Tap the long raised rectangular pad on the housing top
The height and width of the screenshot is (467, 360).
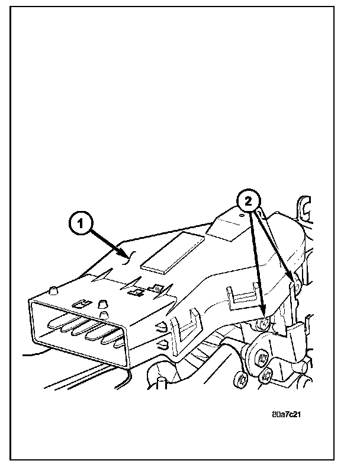click(x=173, y=252)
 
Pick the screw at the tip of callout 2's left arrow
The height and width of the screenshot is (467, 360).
click(x=263, y=323)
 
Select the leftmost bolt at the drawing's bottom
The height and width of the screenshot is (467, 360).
click(x=242, y=379)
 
